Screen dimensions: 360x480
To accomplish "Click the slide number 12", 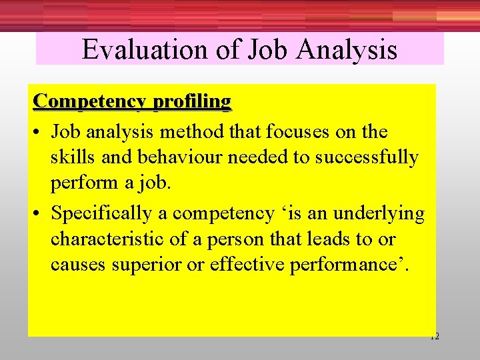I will [x=434, y=337].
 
